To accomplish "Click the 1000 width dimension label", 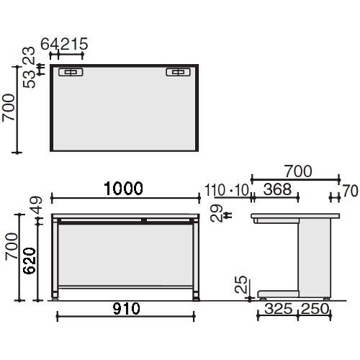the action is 123,189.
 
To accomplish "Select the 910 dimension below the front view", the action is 126,309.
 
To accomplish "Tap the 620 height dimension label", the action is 30,261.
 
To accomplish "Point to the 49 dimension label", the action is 36,205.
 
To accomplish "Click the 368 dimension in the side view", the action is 277,189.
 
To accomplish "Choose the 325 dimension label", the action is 279,309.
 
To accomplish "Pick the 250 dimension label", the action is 315,309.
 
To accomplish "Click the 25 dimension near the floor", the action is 240,284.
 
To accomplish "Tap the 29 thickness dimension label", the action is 216,213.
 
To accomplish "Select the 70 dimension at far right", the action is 350,191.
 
